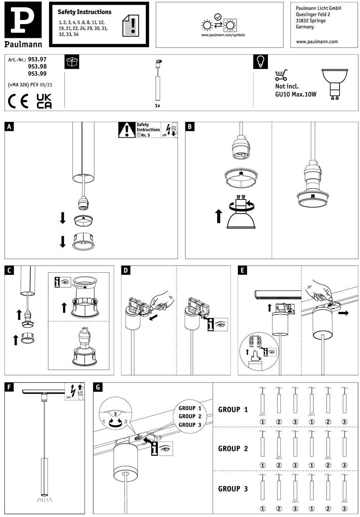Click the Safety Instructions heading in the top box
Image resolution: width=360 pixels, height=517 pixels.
[85, 12]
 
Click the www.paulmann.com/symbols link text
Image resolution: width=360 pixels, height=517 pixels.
[223, 35]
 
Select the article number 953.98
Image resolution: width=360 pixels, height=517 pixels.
[37, 67]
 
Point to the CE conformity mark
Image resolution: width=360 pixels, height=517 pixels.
[19, 101]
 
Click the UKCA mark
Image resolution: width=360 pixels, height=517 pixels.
[44, 101]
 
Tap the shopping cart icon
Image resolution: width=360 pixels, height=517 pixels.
[281, 75]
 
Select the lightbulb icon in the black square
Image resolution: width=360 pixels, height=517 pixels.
[260, 62]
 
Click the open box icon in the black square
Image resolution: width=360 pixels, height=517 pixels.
[72, 62]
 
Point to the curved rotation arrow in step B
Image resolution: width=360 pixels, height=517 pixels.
[240, 205]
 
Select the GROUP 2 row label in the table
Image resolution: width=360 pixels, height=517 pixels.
[233, 449]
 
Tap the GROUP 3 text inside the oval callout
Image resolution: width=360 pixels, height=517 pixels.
[190, 424]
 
